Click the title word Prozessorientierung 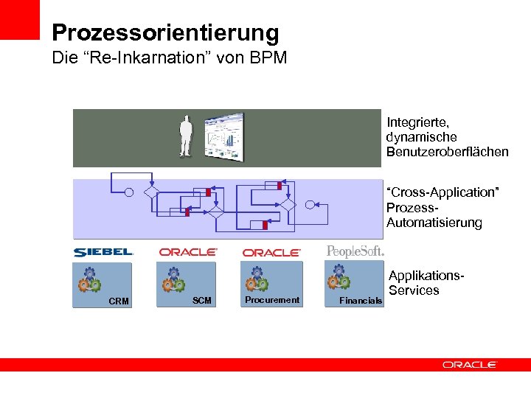166,33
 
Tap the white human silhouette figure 186,136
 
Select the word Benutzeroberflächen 447,152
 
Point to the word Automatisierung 434,223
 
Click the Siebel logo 103,252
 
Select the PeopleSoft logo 355,251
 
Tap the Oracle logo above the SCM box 188,252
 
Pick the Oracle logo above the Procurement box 272,253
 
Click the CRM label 118,301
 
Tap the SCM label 202,300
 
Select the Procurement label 272,300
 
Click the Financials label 361,301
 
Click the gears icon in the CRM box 88,279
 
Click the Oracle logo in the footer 470,364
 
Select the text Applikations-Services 426,283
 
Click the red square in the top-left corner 19,19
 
